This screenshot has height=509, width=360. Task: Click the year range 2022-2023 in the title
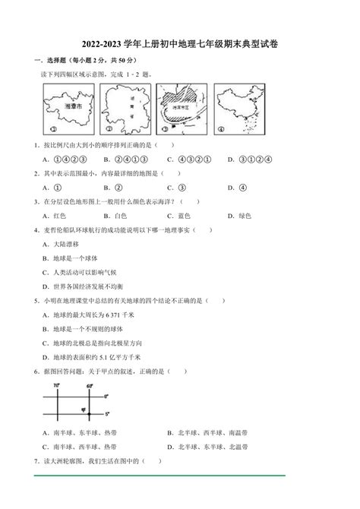point(109,44)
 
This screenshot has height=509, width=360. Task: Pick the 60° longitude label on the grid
point(89,385)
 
